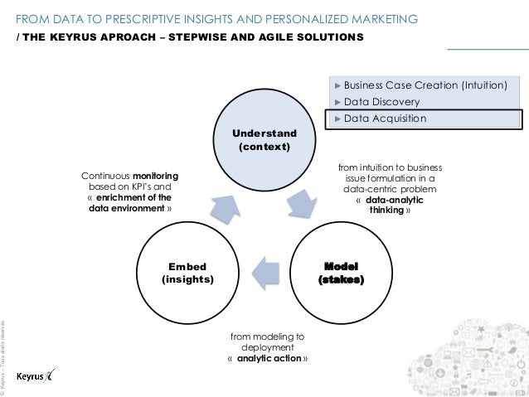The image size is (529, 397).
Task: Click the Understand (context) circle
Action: pos(264,142)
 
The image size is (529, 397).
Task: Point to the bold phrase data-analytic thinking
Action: pos(387,206)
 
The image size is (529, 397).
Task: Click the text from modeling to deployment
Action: pos(267,342)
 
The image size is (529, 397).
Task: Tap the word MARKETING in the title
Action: pos(383,18)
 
